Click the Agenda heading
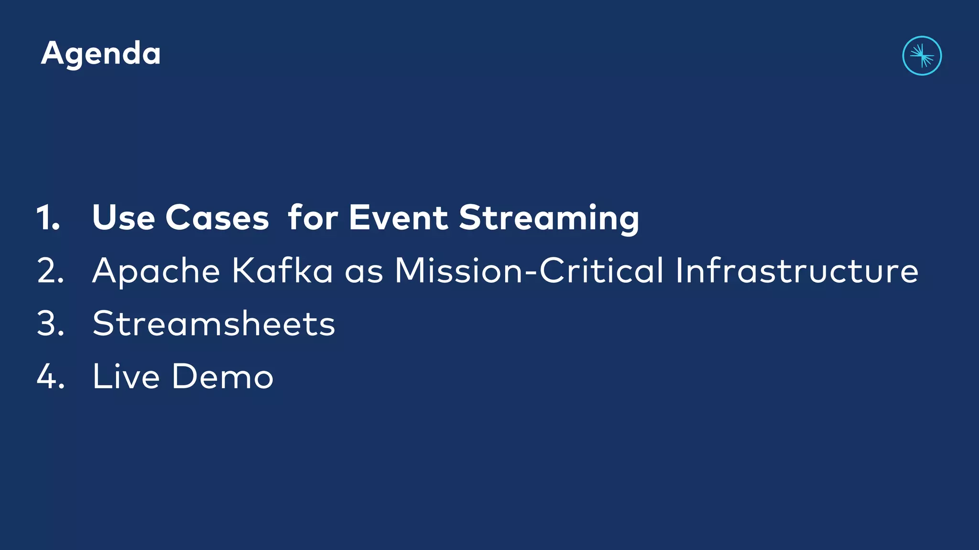(x=101, y=53)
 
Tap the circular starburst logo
(x=922, y=56)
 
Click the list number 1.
(x=48, y=218)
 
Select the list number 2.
(x=50, y=271)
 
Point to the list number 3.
(x=50, y=324)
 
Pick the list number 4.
(x=50, y=377)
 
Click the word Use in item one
(x=123, y=218)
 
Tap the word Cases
(x=217, y=218)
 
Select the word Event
(x=398, y=218)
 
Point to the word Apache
(x=156, y=271)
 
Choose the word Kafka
(x=282, y=271)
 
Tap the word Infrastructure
(x=797, y=271)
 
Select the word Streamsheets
(x=214, y=324)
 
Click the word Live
(x=126, y=377)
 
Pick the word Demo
(x=222, y=377)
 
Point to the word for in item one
(x=313, y=218)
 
